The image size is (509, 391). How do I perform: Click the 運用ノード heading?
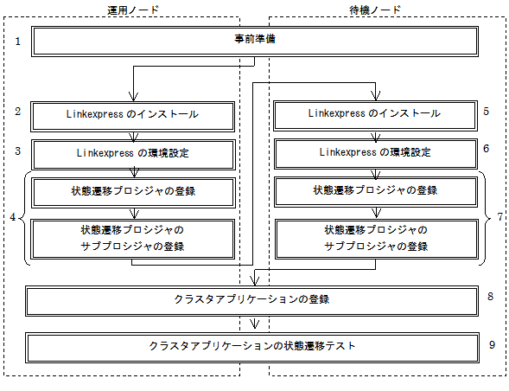point(133,10)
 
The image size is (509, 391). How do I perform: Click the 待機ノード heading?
point(375,10)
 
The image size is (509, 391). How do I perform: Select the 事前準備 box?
point(255,42)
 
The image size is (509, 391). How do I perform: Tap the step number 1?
point(18,42)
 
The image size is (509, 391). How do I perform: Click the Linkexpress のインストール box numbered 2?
point(133,117)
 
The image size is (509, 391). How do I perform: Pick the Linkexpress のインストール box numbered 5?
point(375,116)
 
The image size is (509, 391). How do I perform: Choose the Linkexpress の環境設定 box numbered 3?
point(133,155)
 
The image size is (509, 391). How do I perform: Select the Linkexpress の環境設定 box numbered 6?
point(376,154)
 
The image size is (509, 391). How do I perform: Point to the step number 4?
point(13,217)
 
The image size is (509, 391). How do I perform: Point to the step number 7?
point(500,216)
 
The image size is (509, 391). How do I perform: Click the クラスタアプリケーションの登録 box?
point(251,301)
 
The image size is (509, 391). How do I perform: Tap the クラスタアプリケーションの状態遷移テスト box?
point(252,348)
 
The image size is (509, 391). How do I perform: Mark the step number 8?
point(490,296)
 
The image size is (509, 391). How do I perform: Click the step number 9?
point(492,344)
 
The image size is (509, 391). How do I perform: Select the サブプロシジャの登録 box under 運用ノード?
point(133,240)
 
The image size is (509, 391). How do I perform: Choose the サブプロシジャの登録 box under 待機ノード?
point(377,240)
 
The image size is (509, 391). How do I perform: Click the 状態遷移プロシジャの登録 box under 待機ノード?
point(376,192)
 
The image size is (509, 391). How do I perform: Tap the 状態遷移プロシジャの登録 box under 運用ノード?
point(133,193)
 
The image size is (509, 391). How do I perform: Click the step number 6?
point(486,149)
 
